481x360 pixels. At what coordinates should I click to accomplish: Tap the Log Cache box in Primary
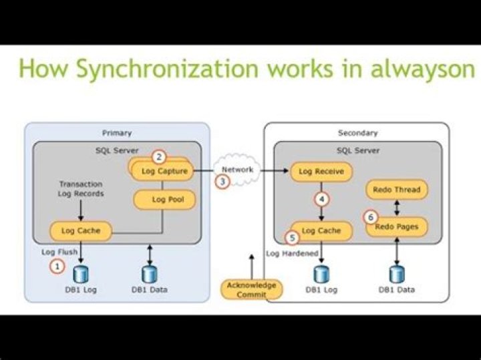pos(80,231)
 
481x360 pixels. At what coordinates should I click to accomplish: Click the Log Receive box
pos(321,172)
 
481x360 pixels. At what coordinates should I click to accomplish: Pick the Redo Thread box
pos(396,190)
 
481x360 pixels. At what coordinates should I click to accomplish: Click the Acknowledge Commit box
pos(252,290)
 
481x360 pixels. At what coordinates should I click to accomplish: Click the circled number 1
pos(58,266)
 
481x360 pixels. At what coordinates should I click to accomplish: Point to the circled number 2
pos(158,157)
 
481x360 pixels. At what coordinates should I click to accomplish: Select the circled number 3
pos(222,181)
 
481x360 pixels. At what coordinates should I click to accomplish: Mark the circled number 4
pos(322,199)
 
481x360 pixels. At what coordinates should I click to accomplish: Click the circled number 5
pos(291,236)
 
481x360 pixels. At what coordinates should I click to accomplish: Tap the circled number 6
pos(368,217)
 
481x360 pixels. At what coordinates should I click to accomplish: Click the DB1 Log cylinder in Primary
pos(81,274)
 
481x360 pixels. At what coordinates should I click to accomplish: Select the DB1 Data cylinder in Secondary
pos(397,274)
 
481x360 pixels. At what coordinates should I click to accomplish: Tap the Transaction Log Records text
pos(82,188)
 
